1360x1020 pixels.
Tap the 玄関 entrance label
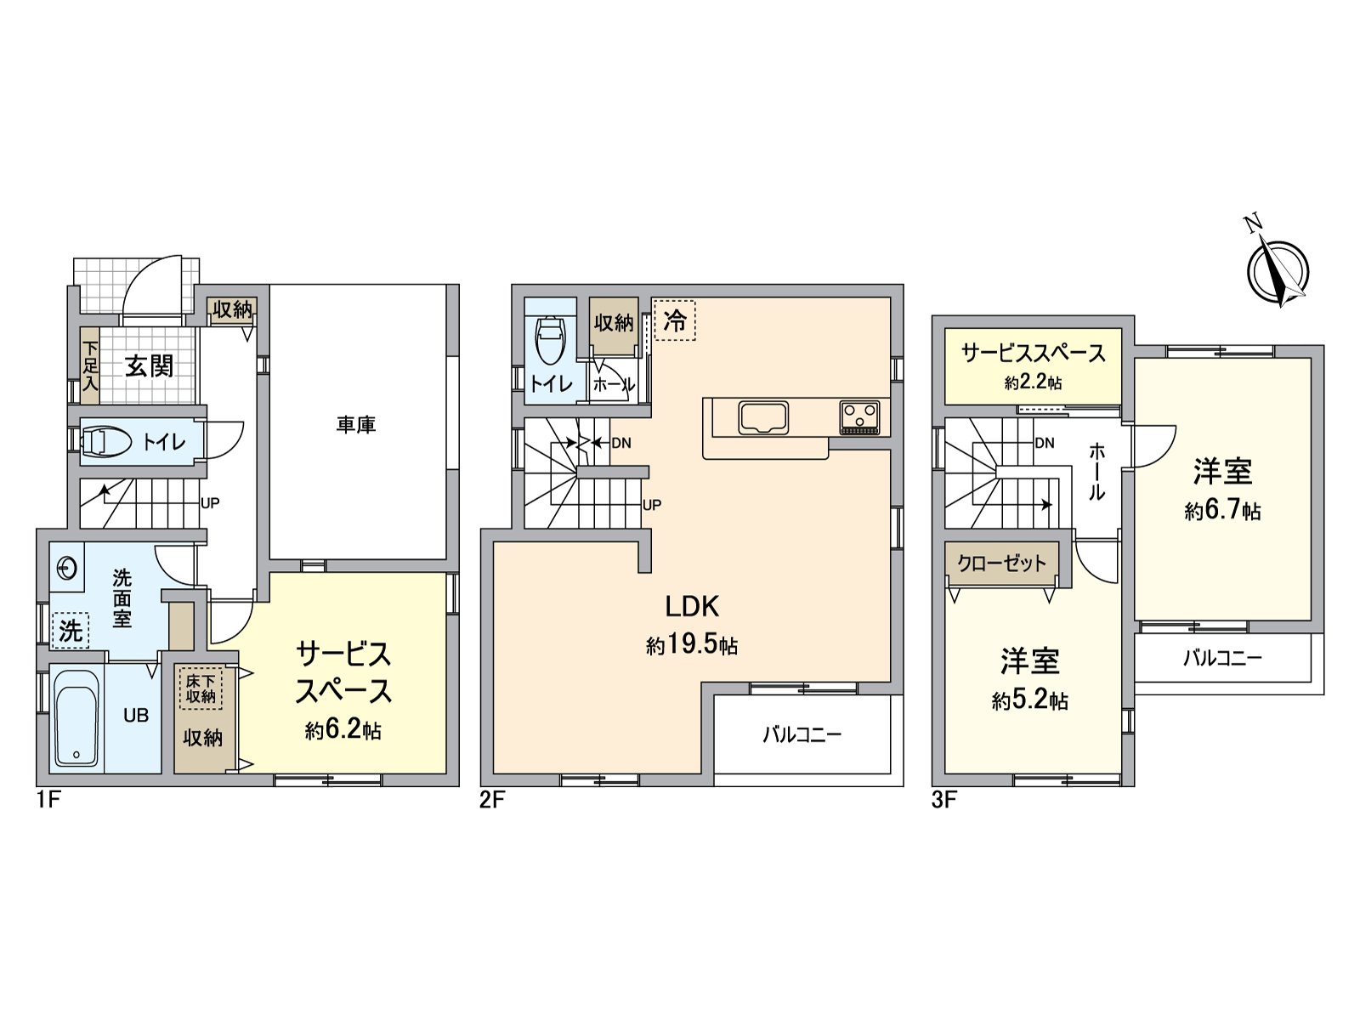(150, 366)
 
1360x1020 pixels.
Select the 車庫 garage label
(355, 424)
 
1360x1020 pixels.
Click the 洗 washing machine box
(70, 631)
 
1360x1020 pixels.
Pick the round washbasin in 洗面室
(66, 568)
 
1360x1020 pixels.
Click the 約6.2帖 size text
(343, 730)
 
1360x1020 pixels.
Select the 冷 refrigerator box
(674, 320)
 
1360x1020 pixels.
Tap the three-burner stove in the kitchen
(860, 416)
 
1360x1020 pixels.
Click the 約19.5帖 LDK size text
(692, 646)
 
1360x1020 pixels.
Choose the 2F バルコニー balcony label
(802, 734)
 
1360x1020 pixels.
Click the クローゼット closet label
(1002, 563)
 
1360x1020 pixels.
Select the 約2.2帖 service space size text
(1033, 383)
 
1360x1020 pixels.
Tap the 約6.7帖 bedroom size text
(1222, 512)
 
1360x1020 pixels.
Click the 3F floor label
(944, 800)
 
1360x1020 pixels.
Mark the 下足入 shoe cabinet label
(90, 366)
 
